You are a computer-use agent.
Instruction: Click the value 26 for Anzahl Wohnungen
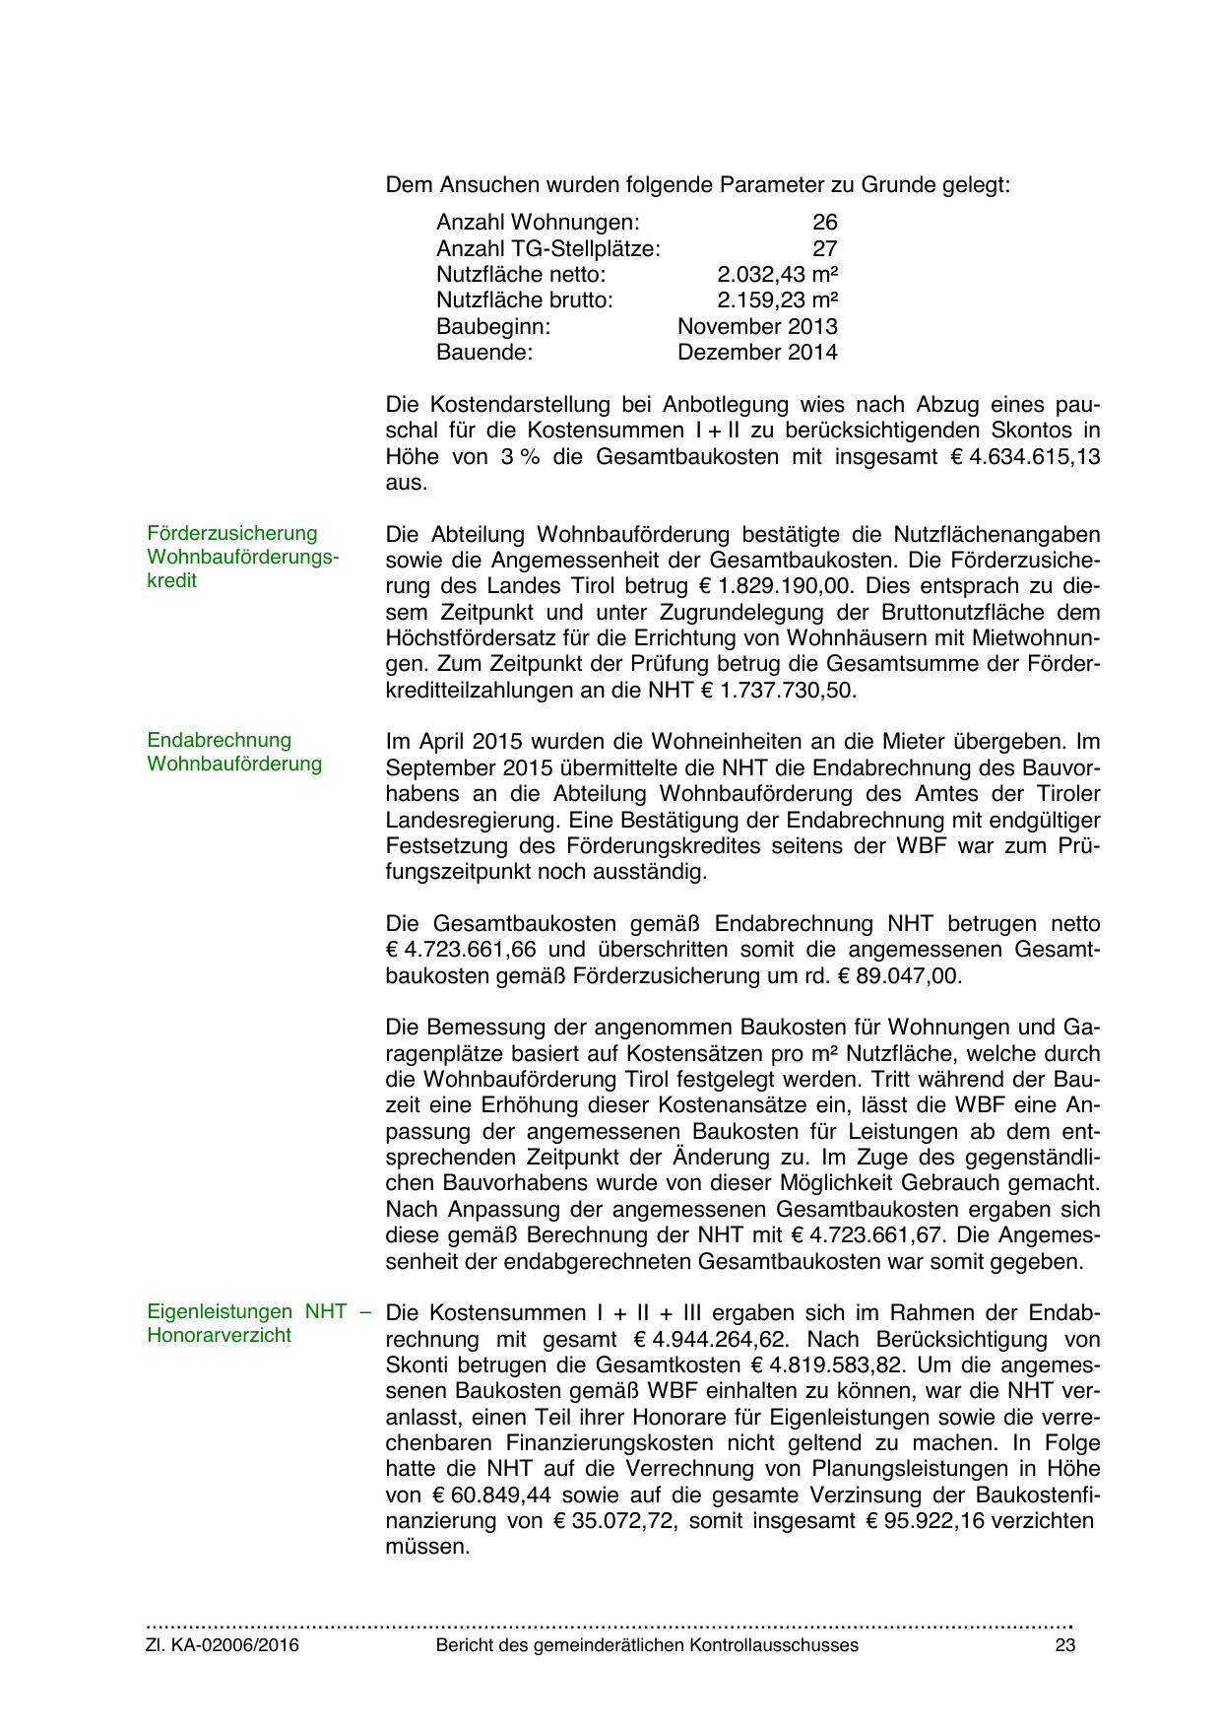(824, 223)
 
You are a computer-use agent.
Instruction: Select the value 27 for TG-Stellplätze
(824, 248)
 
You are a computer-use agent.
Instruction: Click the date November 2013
(757, 326)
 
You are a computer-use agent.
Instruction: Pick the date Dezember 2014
(757, 352)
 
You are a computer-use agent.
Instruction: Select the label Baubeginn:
(493, 326)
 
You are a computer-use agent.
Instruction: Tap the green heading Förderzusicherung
(232, 533)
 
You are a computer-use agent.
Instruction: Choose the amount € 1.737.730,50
(778, 691)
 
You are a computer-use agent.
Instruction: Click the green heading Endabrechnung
(219, 740)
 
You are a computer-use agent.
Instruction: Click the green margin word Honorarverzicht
(219, 1336)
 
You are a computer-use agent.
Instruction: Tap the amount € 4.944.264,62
(705, 1340)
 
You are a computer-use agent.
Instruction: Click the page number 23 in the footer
(1063, 1645)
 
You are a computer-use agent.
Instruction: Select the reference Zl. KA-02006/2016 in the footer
(223, 1645)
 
